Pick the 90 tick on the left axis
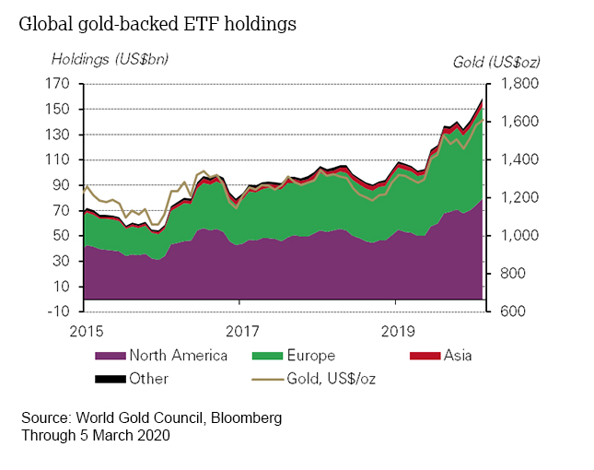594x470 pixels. coord(63,185)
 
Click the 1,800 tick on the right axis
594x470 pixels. coord(518,84)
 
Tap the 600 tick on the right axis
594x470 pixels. coord(513,311)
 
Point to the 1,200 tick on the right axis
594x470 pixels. coord(518,198)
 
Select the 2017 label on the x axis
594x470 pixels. coord(240,329)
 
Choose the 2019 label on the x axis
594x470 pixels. coord(396,329)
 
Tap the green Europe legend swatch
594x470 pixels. coord(264,355)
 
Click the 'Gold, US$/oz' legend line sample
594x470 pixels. coord(264,378)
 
